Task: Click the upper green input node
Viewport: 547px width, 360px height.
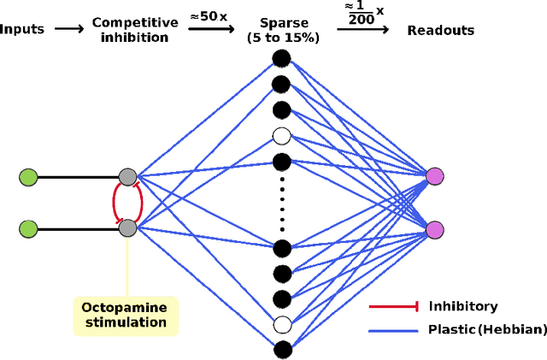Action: coord(29,177)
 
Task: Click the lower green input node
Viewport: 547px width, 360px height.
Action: coord(29,229)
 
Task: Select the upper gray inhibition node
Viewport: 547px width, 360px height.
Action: coord(127,177)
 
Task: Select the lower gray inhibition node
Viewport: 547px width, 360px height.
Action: coord(127,228)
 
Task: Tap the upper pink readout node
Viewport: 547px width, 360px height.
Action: coord(435,177)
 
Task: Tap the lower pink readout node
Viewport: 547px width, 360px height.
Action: coord(435,229)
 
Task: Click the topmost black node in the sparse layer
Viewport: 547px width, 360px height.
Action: coord(281,58)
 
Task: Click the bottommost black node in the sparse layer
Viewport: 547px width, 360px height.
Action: coord(281,349)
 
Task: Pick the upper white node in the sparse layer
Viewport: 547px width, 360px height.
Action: coord(281,135)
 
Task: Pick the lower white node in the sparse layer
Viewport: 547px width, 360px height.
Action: coord(281,324)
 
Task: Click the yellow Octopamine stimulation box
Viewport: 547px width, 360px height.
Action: coord(124,314)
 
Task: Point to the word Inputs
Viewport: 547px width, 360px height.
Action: coord(22,30)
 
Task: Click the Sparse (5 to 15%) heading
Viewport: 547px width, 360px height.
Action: coord(281,30)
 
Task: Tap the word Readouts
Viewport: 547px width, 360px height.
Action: coord(440,30)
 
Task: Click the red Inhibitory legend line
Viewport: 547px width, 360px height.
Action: coord(392,306)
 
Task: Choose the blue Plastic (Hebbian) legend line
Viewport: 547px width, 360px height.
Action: coord(392,329)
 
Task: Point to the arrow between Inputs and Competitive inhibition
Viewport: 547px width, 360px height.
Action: coord(68,29)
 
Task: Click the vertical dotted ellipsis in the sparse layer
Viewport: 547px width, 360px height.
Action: coord(281,204)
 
